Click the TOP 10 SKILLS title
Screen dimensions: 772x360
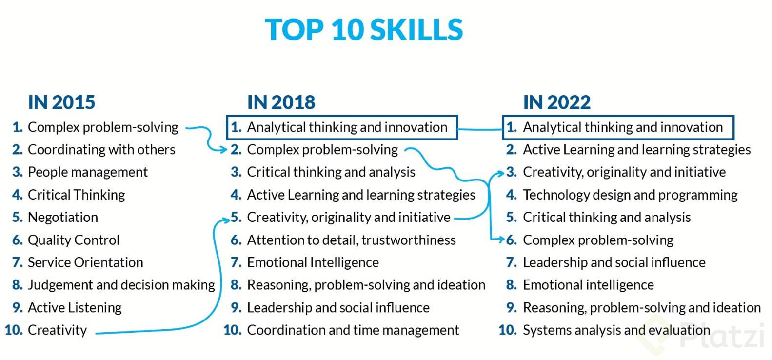point(364,30)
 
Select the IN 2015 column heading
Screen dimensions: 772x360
point(61,102)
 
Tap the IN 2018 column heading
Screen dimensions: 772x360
point(281,102)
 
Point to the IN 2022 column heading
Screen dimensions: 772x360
point(556,102)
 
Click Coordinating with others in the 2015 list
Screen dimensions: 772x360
point(101,150)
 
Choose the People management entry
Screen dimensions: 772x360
point(88,172)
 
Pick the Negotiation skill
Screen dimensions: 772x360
point(63,217)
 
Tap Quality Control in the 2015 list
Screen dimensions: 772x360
point(74,240)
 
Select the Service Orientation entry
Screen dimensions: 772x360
point(85,262)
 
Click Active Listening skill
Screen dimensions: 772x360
point(75,308)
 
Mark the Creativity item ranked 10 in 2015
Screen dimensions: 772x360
point(57,330)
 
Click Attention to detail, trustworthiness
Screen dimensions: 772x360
point(351,240)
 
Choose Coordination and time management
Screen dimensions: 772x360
point(353,330)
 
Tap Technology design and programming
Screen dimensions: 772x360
point(630,195)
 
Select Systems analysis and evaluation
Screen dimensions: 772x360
point(616,330)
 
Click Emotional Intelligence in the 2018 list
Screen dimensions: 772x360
point(313,262)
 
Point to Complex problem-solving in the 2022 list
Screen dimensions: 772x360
point(598,240)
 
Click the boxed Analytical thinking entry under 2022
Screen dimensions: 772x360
point(618,128)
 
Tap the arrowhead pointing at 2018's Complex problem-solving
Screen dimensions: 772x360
point(223,149)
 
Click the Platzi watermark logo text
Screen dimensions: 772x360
point(722,336)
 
